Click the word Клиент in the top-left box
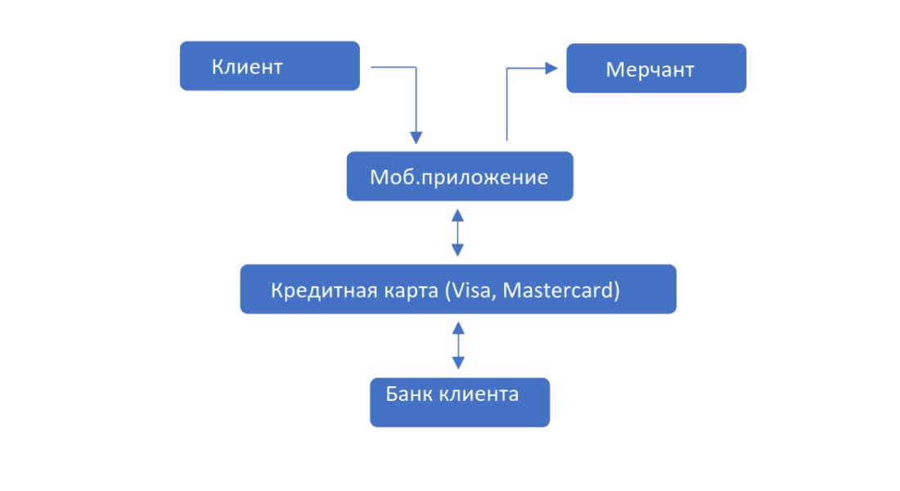[x=247, y=67]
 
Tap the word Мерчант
[x=650, y=70]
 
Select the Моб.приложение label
[x=459, y=177]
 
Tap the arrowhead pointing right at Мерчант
[x=551, y=69]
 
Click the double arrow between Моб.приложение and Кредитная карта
[x=458, y=232]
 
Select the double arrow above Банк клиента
[x=458, y=345]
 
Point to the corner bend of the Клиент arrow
[x=416, y=68]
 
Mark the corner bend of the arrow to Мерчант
[x=507, y=70]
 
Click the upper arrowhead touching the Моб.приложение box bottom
[x=458, y=214]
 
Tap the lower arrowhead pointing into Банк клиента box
[x=458, y=363]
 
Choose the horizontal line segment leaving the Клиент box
[x=393, y=67]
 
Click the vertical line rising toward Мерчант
[x=507, y=106]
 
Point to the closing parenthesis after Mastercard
[x=616, y=291]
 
